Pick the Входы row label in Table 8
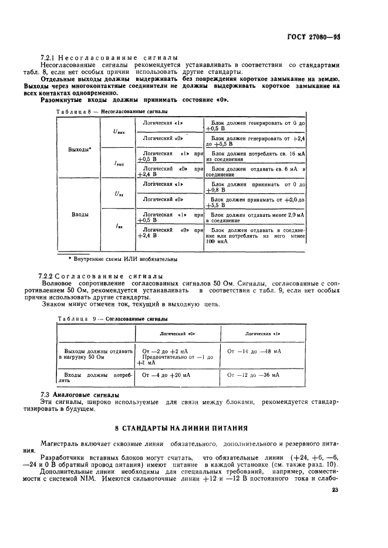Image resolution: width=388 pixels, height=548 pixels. tap(80, 215)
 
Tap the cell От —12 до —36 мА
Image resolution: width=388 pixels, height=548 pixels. tap(253, 375)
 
